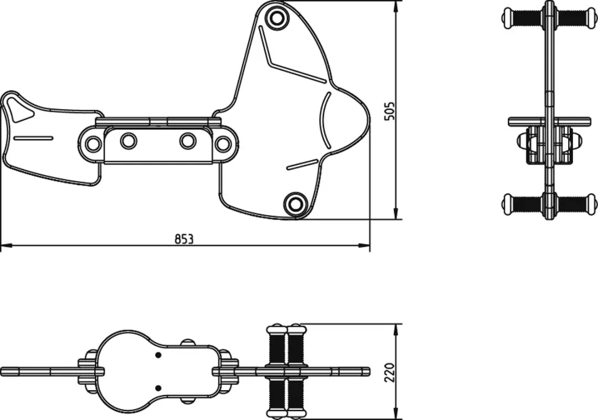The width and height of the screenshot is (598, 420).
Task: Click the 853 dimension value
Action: [184, 239]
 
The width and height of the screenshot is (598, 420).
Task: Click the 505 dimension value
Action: [390, 111]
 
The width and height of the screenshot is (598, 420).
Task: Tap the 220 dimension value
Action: [390, 373]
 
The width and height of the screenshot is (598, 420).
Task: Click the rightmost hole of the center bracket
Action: [223, 144]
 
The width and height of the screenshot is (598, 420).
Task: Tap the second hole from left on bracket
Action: [128, 141]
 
